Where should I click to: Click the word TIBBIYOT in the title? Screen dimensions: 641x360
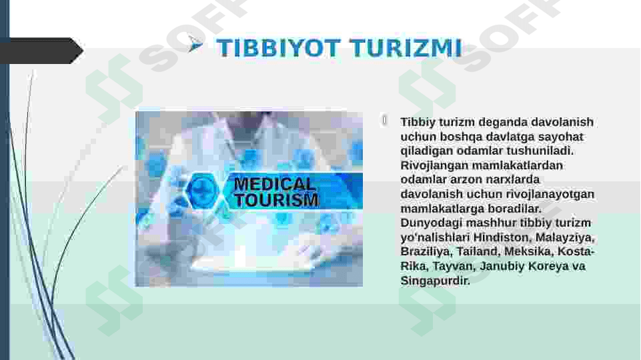[x=278, y=48]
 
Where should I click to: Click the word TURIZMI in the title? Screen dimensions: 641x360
[x=406, y=48]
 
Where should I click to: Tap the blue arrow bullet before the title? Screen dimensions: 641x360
[x=195, y=44]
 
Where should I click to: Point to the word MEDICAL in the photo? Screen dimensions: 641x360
[x=275, y=184]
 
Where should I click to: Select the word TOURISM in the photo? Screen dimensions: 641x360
[x=276, y=200]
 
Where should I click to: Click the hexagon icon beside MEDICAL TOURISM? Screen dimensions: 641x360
[x=201, y=189]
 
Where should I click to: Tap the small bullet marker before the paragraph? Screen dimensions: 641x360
[x=384, y=120]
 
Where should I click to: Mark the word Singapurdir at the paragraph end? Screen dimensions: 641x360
[x=435, y=281]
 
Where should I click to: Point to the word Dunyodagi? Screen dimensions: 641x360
[x=430, y=223]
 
